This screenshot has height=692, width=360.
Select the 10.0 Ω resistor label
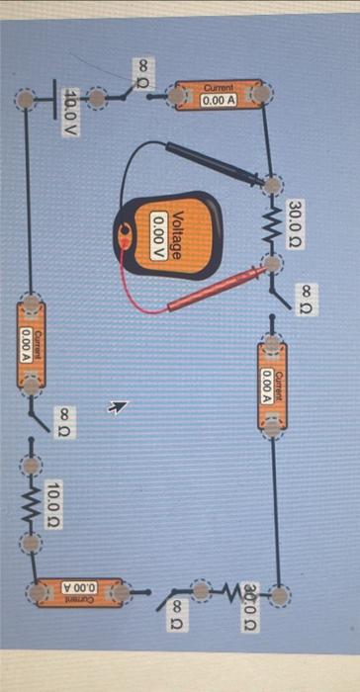coord(56,502)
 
